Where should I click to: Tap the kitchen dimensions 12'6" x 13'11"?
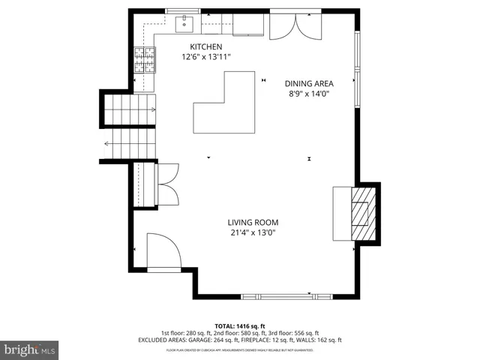(x=206, y=57)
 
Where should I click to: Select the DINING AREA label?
(x=309, y=83)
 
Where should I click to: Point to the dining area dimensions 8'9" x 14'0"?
(x=309, y=94)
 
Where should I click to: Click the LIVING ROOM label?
(x=254, y=222)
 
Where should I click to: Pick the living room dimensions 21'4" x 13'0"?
(x=254, y=232)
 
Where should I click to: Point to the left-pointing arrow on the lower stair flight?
(x=107, y=144)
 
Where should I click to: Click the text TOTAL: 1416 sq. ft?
(x=239, y=325)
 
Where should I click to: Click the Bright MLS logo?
(x=30, y=349)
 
